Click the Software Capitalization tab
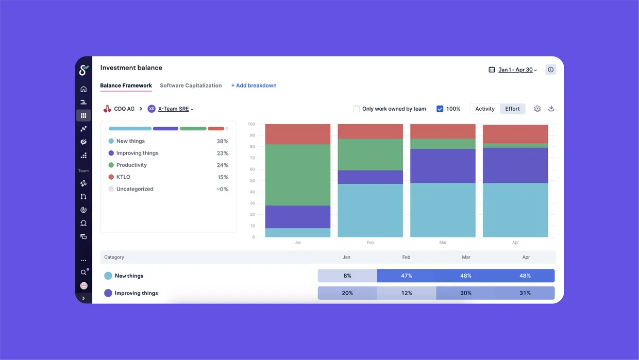[191, 85]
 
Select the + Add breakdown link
[254, 85]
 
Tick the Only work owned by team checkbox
[356, 109]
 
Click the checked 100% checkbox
[440, 109]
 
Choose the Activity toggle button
[485, 109]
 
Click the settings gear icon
[537, 109]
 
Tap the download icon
[551, 109]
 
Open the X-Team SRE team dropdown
[176, 109]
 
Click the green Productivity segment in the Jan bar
[298, 175]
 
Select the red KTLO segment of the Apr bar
[515, 134]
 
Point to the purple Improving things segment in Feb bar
[371, 177]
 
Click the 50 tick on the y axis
[252, 180]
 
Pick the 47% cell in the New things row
[407, 276]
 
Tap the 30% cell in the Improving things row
[465, 293]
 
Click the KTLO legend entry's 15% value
[223, 177]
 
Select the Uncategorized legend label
[134, 189]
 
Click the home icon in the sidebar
[83, 89]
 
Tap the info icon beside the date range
[550, 70]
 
